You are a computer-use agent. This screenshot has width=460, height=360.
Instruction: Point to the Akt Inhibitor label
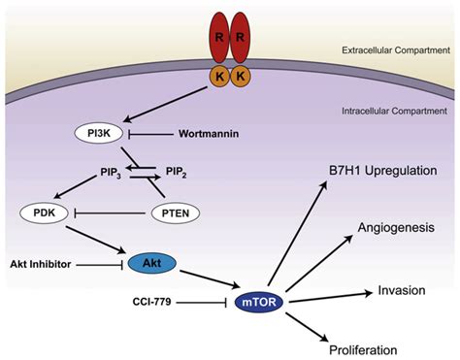pyautogui.click(x=42, y=262)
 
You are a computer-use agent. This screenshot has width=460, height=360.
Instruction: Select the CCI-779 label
pyautogui.click(x=154, y=302)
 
